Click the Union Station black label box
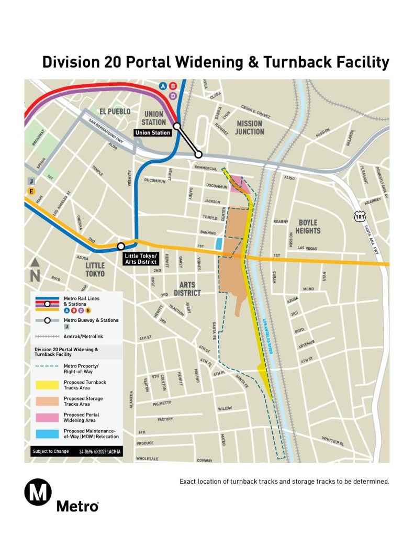pos(153,133)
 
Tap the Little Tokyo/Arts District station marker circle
pos(121,246)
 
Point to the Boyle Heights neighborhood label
pos(307,227)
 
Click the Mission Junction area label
pos(249,127)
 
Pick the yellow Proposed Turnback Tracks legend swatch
pos(47,385)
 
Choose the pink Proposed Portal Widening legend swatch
pos(47,417)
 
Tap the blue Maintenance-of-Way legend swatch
pos(47,433)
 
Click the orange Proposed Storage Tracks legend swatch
pos(47,401)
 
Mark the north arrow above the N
pos(35,262)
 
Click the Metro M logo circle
pos(38,493)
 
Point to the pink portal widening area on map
pos(239,184)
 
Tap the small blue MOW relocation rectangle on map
pos(219,243)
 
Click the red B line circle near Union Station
pos(173,86)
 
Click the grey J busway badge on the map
pos(31,181)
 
